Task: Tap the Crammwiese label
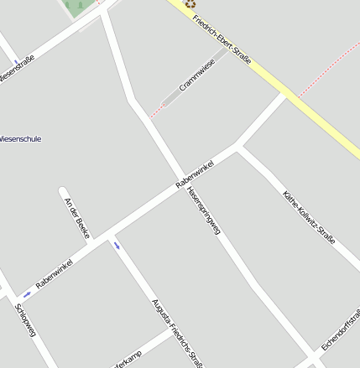click(x=197, y=75)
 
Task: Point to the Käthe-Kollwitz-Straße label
click(x=309, y=216)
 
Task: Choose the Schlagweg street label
click(x=25, y=320)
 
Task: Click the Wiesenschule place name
click(x=20, y=138)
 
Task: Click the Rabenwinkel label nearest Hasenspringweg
click(x=195, y=174)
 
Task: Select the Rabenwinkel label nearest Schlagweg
click(x=55, y=275)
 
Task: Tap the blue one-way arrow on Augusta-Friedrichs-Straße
click(x=117, y=245)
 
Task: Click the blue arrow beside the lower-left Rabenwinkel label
click(x=28, y=293)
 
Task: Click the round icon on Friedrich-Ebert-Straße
click(x=190, y=3)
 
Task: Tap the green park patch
click(x=81, y=7)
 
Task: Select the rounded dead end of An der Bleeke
click(x=62, y=191)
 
